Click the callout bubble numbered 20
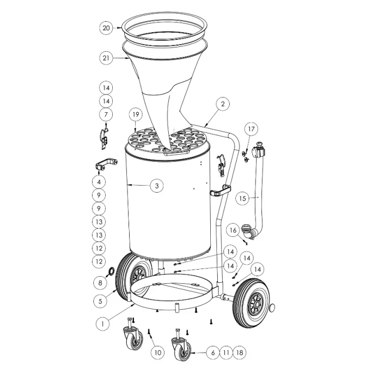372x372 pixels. pyautogui.click(x=106, y=28)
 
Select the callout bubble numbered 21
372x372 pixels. pyautogui.click(x=106, y=58)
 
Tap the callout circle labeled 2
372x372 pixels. pyautogui.click(x=223, y=103)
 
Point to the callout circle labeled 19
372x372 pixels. pyautogui.click(x=136, y=114)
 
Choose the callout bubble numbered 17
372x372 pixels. pyautogui.click(x=251, y=129)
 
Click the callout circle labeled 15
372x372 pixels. pyautogui.click(x=242, y=198)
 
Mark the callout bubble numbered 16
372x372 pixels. pyautogui.click(x=233, y=230)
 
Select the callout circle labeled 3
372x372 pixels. pyautogui.click(x=157, y=186)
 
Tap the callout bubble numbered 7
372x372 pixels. pyautogui.click(x=106, y=114)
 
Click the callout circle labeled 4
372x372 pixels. pyautogui.click(x=99, y=182)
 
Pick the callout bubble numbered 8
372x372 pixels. pyautogui.click(x=100, y=283)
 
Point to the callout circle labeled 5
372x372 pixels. pyautogui.click(x=100, y=301)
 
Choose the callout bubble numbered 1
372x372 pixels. pyautogui.click(x=102, y=324)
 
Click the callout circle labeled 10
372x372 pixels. pyautogui.click(x=158, y=352)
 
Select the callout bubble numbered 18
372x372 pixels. pyautogui.click(x=240, y=352)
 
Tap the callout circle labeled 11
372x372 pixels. pyautogui.click(x=227, y=352)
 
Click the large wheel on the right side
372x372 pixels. pyautogui.click(x=252, y=303)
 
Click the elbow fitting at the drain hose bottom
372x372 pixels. pyautogui.click(x=248, y=231)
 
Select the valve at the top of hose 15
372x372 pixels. pyautogui.click(x=258, y=149)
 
